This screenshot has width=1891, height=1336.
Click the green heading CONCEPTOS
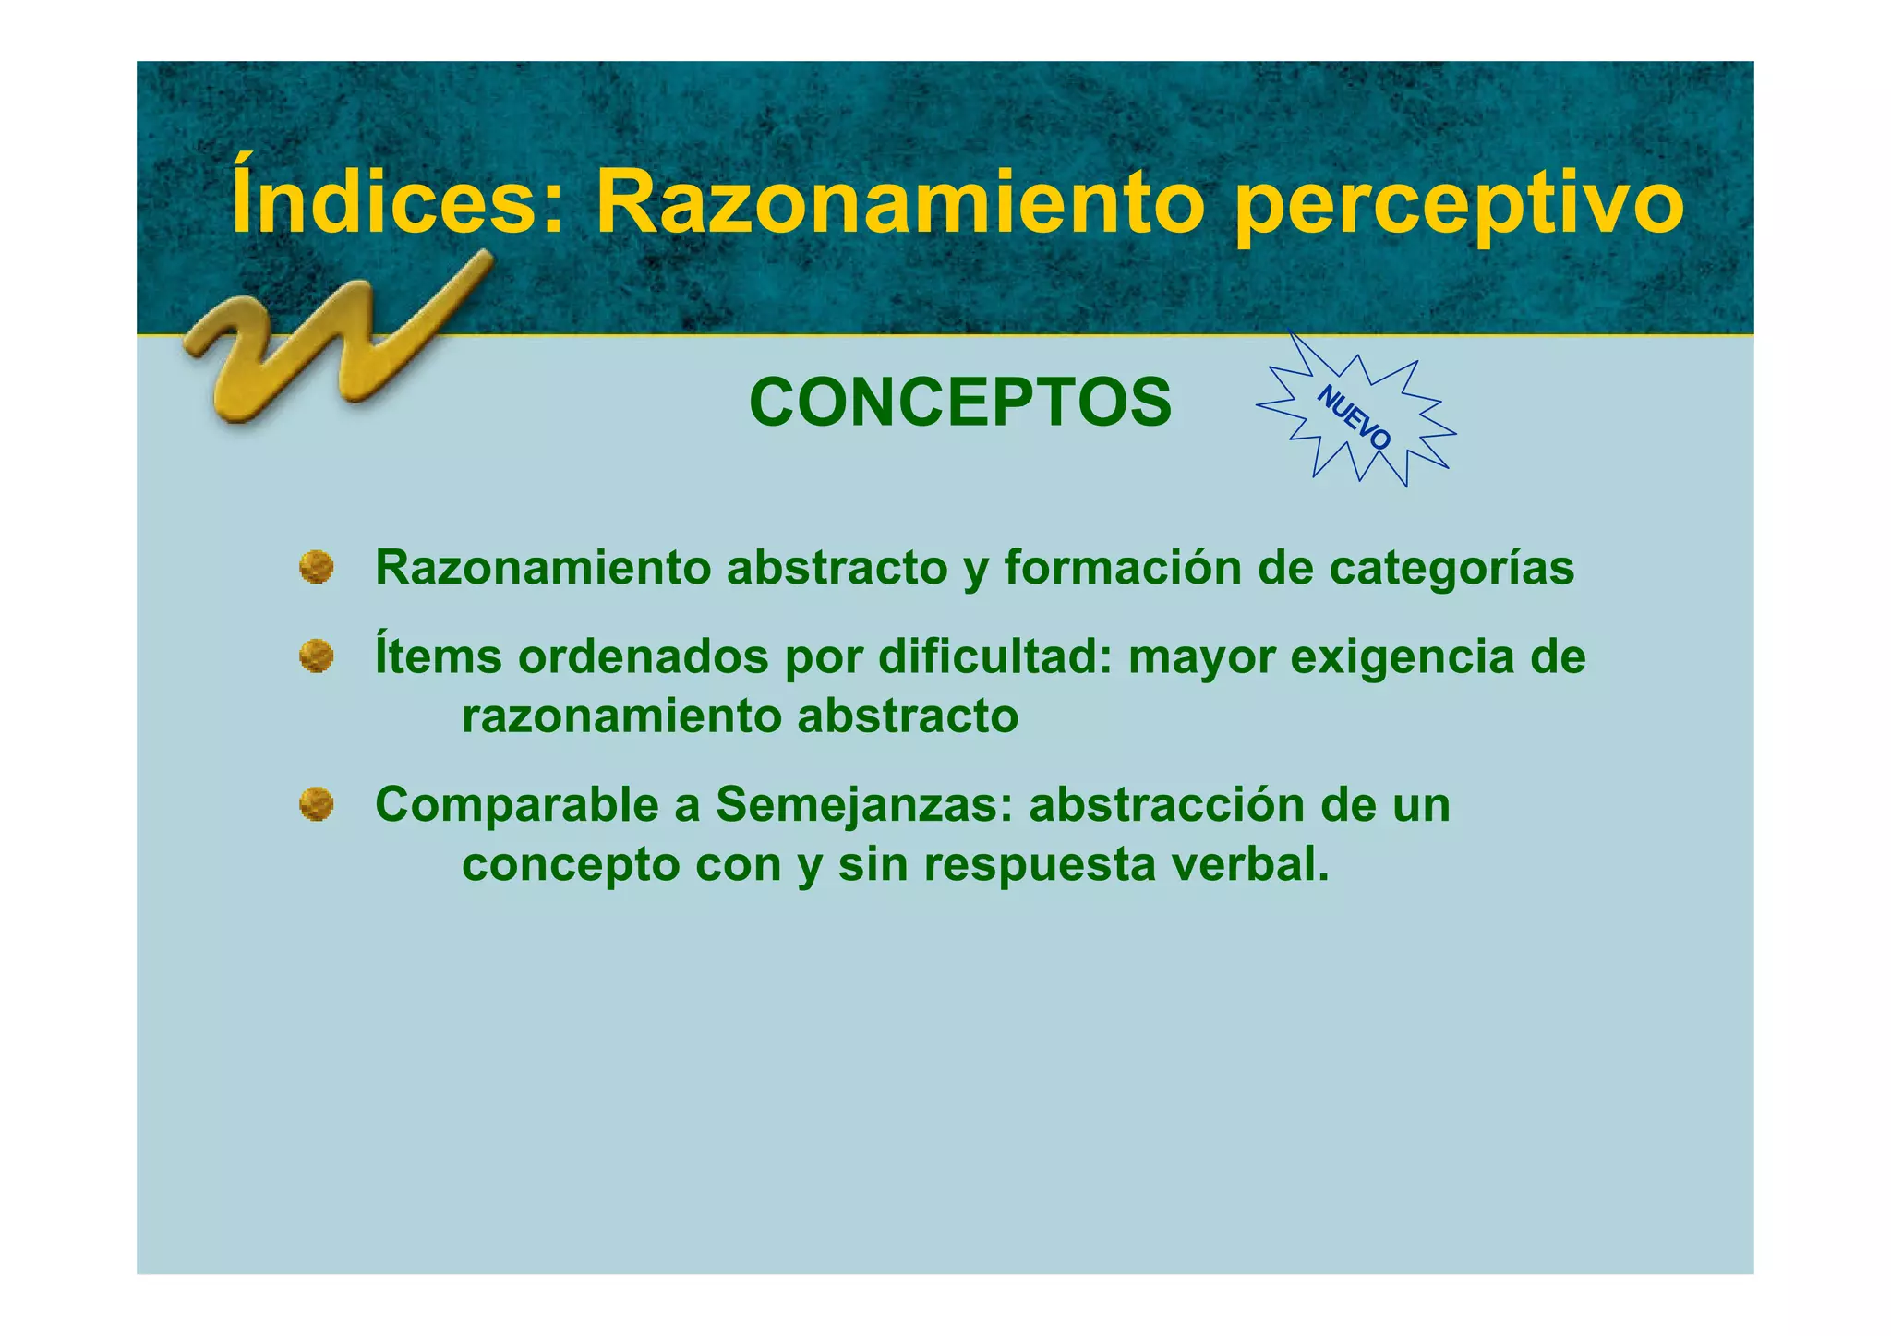[960, 403]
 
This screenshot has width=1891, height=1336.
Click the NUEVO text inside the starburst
[1354, 417]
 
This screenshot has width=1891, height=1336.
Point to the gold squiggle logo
[332, 342]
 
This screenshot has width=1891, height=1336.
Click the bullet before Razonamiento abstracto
[317, 568]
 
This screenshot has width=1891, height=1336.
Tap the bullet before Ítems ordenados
[317, 656]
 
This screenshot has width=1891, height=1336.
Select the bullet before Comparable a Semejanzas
[317, 804]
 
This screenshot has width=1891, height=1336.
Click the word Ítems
[439, 656]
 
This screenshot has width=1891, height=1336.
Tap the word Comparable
[517, 805]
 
